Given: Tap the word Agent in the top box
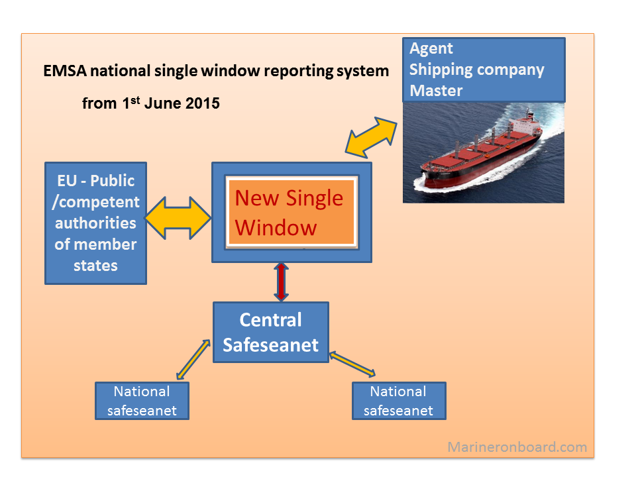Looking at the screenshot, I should (431, 48).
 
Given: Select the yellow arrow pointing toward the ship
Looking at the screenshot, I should (370, 137).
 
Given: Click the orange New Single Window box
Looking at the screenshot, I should (290, 213).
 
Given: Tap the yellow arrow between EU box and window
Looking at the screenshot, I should (178, 217).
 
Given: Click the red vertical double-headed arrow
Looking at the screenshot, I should (282, 282).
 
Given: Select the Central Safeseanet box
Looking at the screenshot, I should (270, 333).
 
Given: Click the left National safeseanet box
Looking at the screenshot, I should (142, 401).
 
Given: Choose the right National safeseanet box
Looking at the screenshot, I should (398, 401).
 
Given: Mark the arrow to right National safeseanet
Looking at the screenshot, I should (354, 364).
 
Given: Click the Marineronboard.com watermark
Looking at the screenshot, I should (517, 447).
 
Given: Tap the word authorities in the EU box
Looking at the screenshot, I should (95, 223).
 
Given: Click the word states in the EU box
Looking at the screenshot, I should (95, 265).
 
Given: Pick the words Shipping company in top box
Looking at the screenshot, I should (476, 70).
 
